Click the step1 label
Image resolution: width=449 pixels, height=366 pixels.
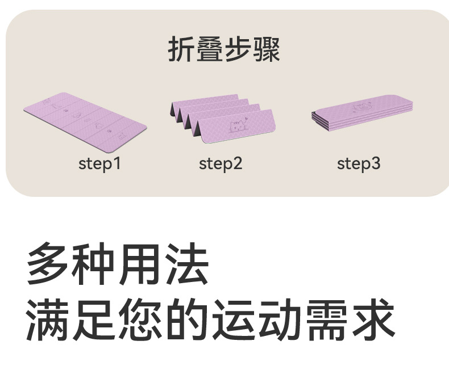tap(99, 164)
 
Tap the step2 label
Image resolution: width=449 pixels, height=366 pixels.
tap(221, 164)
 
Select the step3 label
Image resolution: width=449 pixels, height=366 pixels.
tap(359, 164)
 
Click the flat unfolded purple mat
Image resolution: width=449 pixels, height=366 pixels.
tap(85, 121)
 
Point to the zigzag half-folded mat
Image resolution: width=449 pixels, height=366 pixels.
tap(223, 119)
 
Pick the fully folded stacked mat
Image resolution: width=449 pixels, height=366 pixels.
tap(362, 112)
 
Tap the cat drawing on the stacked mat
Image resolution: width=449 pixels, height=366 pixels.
tap(362, 107)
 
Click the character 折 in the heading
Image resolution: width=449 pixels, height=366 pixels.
tap(181, 49)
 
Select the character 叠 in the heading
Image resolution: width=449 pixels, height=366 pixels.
tap(210, 49)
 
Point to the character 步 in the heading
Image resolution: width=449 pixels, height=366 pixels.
tap(238, 49)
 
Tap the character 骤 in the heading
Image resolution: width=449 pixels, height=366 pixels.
tap(267, 49)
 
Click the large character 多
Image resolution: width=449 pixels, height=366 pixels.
tap(47, 263)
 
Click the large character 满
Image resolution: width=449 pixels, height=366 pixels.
tap(47, 319)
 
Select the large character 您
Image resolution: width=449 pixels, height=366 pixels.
tap(140, 319)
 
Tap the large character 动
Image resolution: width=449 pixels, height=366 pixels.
tap(281, 319)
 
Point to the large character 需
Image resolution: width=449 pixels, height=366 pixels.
tap(327, 319)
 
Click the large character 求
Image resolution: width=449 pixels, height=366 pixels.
tap(374, 319)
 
